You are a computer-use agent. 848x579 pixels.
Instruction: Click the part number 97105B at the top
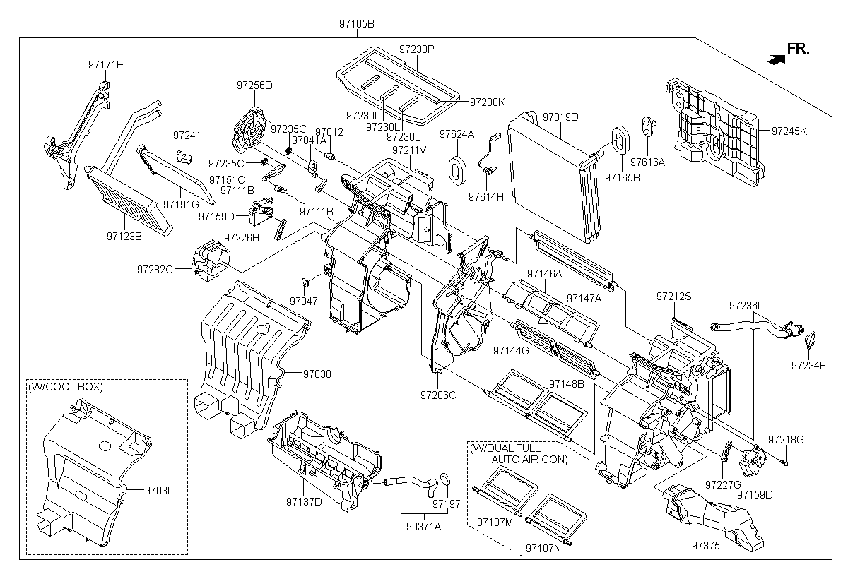(x=357, y=24)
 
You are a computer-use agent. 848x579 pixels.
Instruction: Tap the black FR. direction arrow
(x=776, y=59)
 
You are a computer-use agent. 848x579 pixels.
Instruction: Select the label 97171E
(x=105, y=65)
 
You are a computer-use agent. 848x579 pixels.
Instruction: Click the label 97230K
(x=488, y=102)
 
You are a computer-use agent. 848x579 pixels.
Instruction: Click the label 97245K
(x=789, y=131)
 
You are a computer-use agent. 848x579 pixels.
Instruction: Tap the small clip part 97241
(x=184, y=157)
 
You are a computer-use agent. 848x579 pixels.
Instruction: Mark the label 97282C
(x=155, y=269)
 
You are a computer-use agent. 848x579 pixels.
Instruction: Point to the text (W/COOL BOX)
(x=66, y=387)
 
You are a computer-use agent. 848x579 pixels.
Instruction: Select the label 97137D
(x=304, y=501)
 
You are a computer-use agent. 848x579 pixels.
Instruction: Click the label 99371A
(x=423, y=527)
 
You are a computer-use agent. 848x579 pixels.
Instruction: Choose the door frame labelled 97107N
(x=556, y=519)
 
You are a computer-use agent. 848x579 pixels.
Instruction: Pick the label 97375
(x=706, y=545)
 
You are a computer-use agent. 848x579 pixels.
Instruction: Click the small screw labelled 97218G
(x=784, y=462)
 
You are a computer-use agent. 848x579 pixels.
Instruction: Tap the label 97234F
(x=808, y=365)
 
